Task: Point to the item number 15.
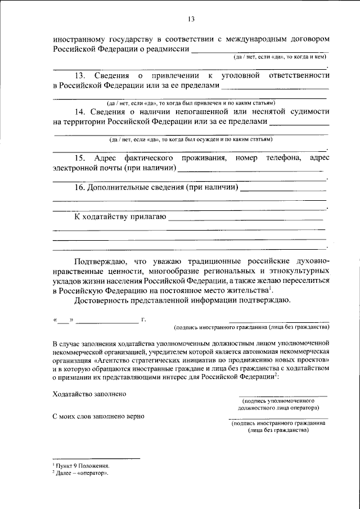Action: pos(80,159)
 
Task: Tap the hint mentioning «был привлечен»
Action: pos(191,103)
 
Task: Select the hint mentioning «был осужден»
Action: pos(191,139)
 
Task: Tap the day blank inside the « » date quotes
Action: pos(64,321)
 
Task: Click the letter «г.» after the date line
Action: pos(144,320)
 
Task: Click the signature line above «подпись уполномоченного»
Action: pos(282,396)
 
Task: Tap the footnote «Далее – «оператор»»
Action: pos(82,474)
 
